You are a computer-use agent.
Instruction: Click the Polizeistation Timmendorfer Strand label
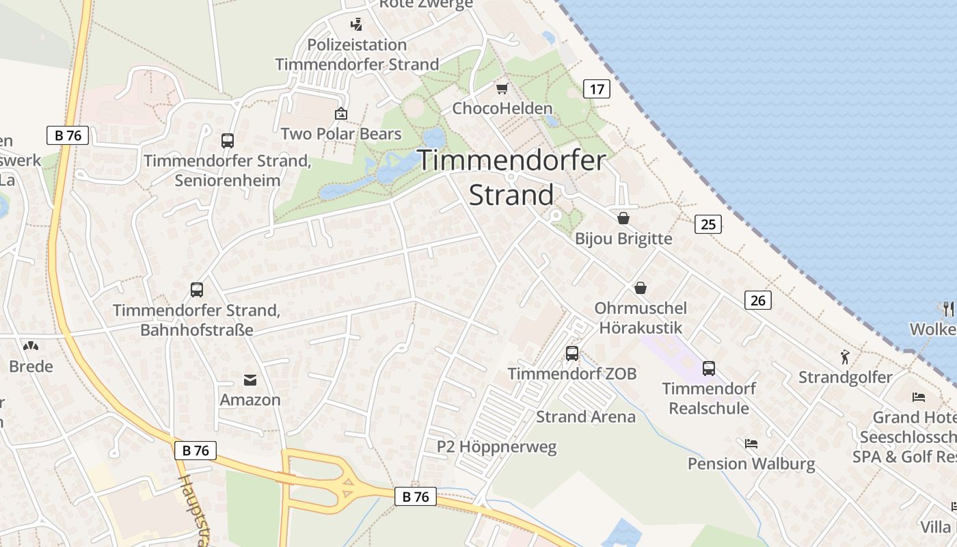click(x=357, y=55)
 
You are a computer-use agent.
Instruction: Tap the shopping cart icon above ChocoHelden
click(x=502, y=88)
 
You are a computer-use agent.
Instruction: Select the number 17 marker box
click(x=597, y=88)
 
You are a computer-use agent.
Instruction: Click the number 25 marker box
click(x=708, y=224)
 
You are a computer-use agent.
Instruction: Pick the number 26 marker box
click(x=757, y=299)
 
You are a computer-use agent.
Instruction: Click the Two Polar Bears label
click(x=341, y=133)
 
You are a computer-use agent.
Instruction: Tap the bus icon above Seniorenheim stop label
click(x=228, y=141)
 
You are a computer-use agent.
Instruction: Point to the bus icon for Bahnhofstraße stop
click(x=197, y=290)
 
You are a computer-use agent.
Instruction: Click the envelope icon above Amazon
click(x=250, y=379)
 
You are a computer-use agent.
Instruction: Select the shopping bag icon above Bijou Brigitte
click(x=623, y=218)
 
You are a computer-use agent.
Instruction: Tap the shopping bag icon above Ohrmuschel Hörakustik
click(x=641, y=288)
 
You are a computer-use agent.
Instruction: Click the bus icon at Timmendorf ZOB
click(x=572, y=353)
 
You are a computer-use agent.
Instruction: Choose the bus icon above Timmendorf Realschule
click(x=709, y=369)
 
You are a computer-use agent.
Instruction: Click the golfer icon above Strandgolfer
click(x=846, y=357)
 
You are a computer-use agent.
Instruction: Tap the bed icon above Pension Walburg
click(x=751, y=444)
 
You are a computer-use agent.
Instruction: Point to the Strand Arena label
click(x=585, y=416)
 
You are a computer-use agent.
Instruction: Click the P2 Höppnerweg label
click(x=497, y=447)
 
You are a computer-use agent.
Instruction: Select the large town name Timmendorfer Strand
click(x=511, y=178)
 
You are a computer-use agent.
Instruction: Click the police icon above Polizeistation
click(x=356, y=25)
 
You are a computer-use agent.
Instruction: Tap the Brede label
click(x=31, y=366)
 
